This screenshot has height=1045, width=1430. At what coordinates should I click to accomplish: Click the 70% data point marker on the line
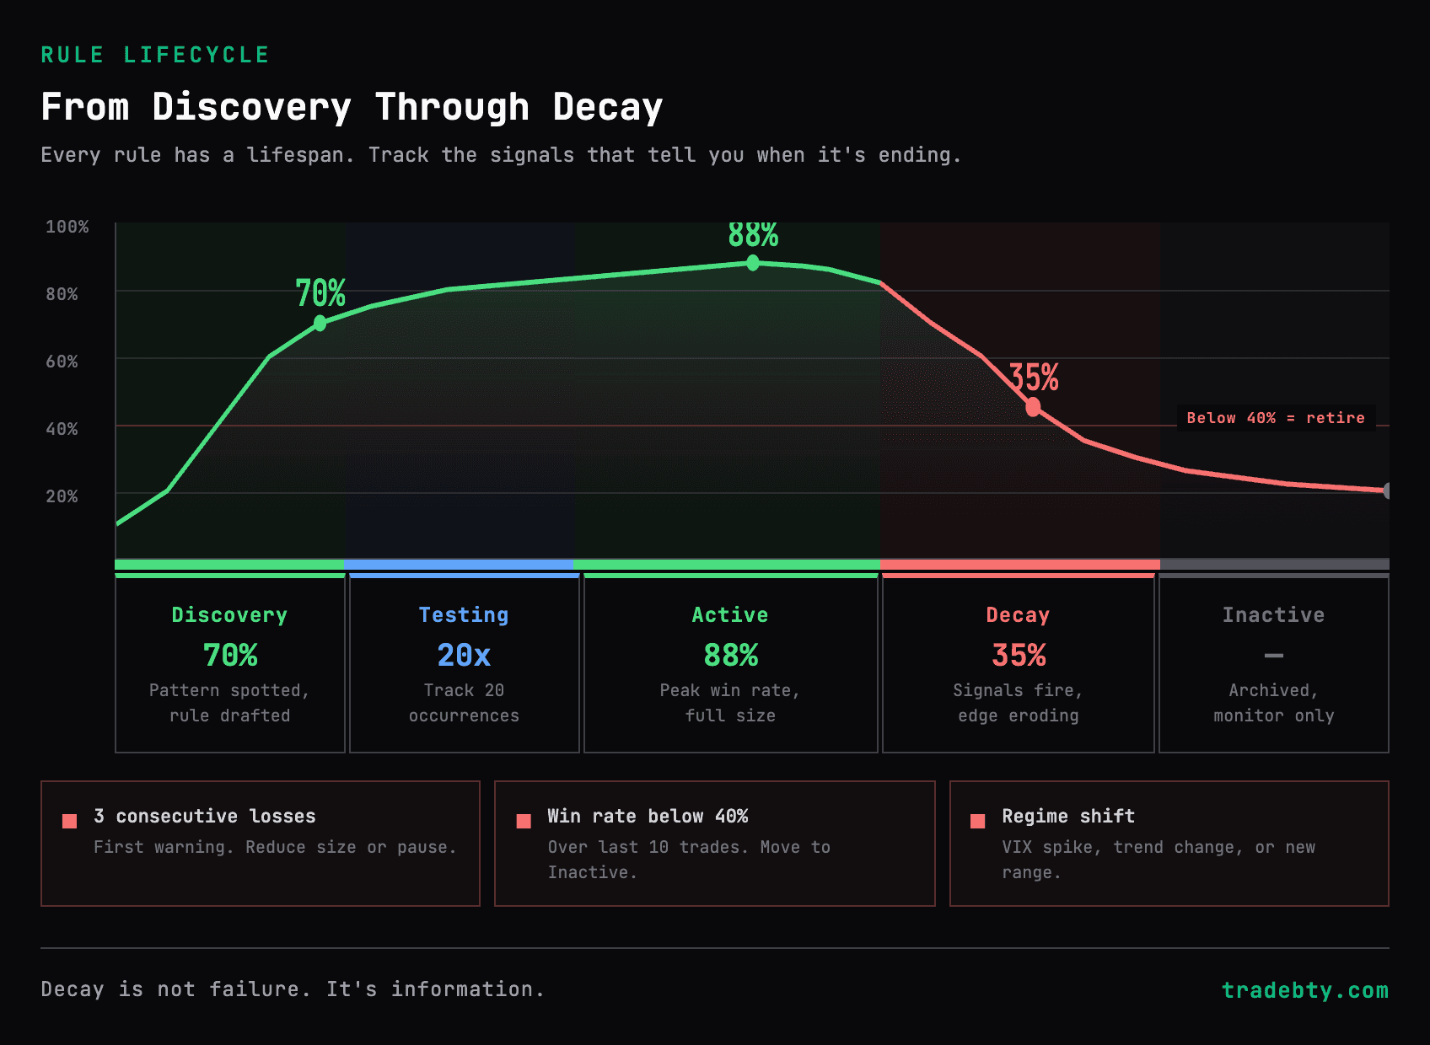320,323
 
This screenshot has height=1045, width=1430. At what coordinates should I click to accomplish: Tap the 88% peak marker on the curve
753,263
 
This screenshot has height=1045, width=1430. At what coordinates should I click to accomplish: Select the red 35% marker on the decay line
1033,408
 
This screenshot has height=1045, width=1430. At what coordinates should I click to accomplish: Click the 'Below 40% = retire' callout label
1275,418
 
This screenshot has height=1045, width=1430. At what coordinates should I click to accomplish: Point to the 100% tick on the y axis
67,227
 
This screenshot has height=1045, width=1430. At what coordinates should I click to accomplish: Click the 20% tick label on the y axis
62,496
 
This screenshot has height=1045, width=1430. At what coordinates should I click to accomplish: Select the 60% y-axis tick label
62,362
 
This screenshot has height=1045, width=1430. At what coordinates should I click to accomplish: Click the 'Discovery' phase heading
229,615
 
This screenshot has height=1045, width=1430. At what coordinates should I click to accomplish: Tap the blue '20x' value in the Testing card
464,655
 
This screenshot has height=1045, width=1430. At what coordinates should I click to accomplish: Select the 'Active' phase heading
730,615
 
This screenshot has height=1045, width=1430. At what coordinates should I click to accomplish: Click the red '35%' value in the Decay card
1019,655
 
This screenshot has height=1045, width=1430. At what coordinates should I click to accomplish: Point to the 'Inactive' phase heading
1273,615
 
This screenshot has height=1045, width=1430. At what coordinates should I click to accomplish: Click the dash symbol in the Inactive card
1273,655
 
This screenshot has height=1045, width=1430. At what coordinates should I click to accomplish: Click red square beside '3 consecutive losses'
70,821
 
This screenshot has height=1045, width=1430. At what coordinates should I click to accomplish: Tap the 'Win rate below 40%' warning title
648,816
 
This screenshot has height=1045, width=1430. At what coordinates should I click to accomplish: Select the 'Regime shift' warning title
1068,816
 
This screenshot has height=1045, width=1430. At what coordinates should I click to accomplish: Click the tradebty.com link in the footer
1304,990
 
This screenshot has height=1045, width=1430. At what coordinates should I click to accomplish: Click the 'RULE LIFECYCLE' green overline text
155,55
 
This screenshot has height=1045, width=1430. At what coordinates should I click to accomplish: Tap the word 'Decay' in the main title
607,108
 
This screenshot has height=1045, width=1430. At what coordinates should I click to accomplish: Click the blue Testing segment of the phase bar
458,564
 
